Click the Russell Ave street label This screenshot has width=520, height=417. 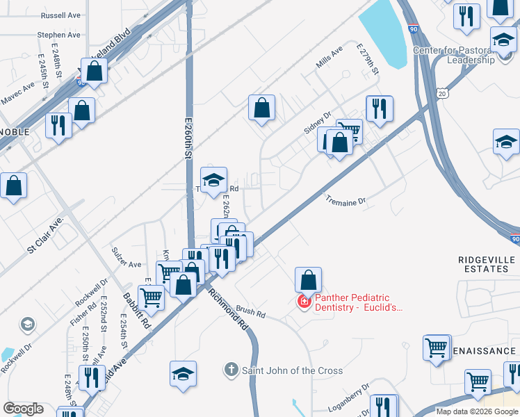tap(60, 15)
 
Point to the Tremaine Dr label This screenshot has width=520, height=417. tap(346, 202)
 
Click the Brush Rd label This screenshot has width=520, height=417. tap(251, 314)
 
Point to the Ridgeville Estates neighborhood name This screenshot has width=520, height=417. tap(487, 263)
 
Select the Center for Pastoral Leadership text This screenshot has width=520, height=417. tap(464, 55)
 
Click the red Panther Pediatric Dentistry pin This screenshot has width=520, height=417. tap(304, 302)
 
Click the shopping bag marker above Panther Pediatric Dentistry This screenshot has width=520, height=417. tap(308, 280)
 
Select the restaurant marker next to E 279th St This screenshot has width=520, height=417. tap(379, 108)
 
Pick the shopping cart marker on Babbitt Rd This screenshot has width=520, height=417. tap(151, 297)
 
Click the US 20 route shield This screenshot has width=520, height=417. tap(443, 92)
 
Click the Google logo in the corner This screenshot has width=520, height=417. tap(22, 409)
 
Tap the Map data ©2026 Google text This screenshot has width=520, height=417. tap(477, 411)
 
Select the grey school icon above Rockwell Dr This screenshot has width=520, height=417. tap(27, 324)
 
